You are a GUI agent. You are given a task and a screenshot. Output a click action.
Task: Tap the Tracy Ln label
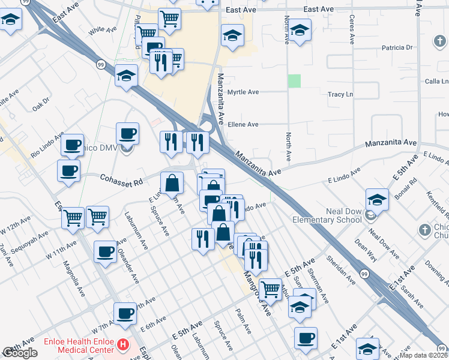click(340, 95)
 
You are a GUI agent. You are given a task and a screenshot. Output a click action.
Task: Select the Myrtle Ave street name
click(243, 92)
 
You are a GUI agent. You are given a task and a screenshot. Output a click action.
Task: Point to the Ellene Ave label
click(243, 124)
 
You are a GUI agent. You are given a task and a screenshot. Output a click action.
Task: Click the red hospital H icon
click(123, 345)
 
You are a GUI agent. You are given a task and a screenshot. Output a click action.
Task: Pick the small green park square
click(294, 81)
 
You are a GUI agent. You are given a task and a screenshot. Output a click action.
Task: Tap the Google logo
click(20, 353)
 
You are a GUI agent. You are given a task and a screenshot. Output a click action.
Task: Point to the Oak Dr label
click(41, 104)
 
